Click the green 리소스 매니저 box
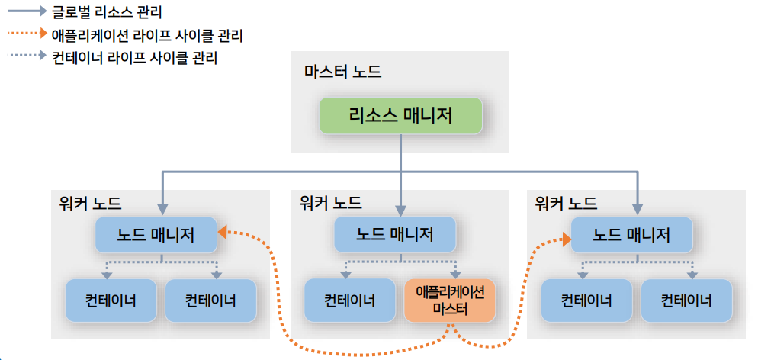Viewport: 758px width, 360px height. point(401,115)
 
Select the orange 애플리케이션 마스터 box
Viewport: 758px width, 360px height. point(450,300)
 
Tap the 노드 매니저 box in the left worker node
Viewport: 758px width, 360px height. point(156,235)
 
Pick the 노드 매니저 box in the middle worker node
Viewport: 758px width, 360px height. point(394,234)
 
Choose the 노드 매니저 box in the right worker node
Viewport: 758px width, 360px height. point(632,235)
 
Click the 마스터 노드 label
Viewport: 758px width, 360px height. point(342,72)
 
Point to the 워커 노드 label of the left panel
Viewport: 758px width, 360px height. point(89,204)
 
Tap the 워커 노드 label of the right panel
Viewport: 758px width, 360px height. point(566,204)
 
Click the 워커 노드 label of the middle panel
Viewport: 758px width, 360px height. point(331,202)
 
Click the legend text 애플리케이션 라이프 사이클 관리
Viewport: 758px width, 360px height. point(147,35)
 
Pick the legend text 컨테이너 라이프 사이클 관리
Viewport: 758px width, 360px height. point(134,58)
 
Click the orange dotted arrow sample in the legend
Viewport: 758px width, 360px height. point(27,34)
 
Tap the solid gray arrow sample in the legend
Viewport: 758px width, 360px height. point(27,10)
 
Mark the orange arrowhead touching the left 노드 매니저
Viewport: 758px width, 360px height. point(223,233)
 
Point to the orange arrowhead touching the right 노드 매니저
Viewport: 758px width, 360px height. point(566,238)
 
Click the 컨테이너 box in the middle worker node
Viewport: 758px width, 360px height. point(349,300)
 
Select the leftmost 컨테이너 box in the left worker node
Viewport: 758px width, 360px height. point(111,301)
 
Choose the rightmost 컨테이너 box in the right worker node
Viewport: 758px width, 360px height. point(686,301)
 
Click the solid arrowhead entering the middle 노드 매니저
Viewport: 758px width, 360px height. point(401,211)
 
